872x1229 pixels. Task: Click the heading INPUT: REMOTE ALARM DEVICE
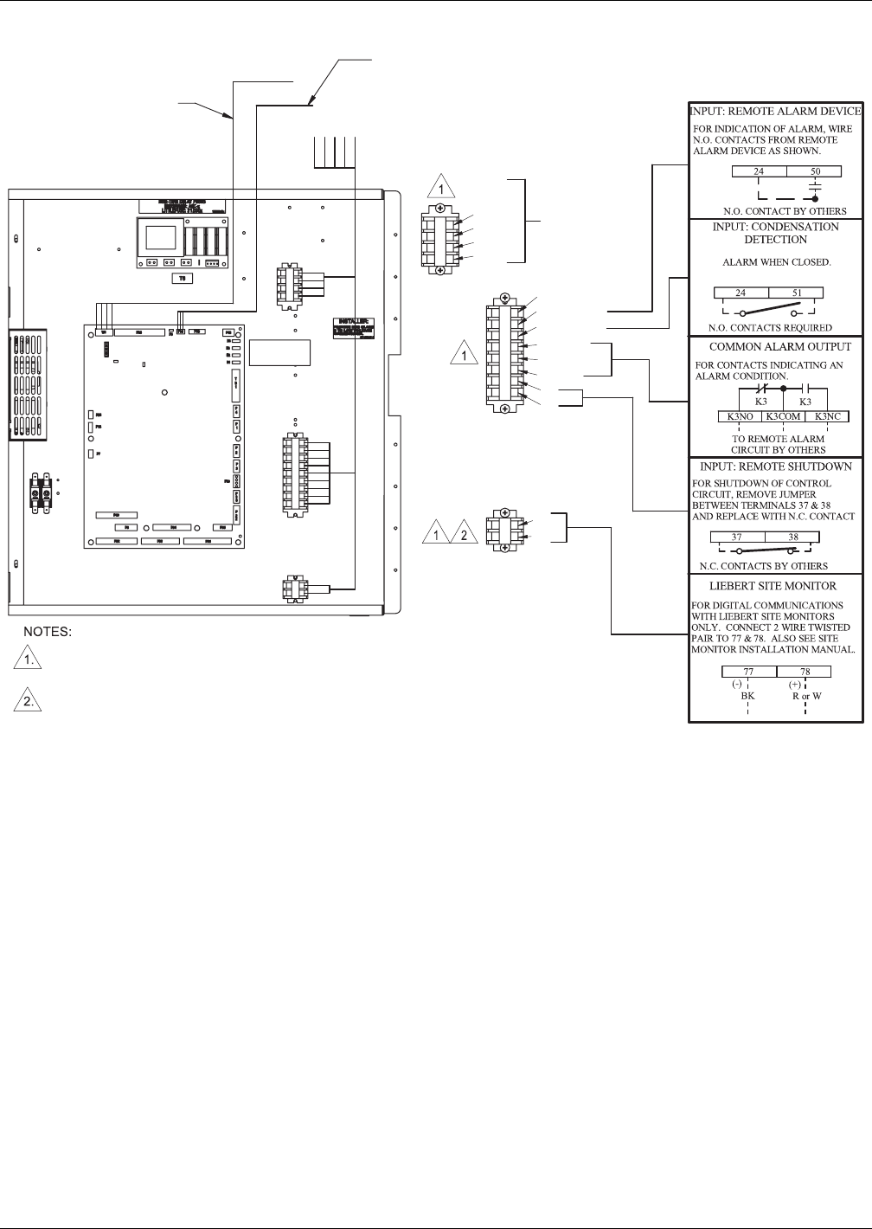pyautogui.click(x=775, y=111)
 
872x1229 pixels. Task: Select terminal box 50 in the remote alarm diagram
pyautogui.click(x=815, y=171)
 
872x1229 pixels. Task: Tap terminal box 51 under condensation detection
pyautogui.click(x=797, y=293)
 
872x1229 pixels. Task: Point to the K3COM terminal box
pyautogui.click(x=782, y=416)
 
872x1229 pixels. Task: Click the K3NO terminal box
pyautogui.click(x=739, y=416)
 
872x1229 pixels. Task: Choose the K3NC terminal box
pyautogui.click(x=828, y=416)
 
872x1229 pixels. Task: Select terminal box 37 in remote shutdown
pyautogui.click(x=736, y=537)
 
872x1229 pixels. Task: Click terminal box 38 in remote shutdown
pyautogui.click(x=792, y=537)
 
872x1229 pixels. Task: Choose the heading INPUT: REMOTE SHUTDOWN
pyautogui.click(x=775, y=467)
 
